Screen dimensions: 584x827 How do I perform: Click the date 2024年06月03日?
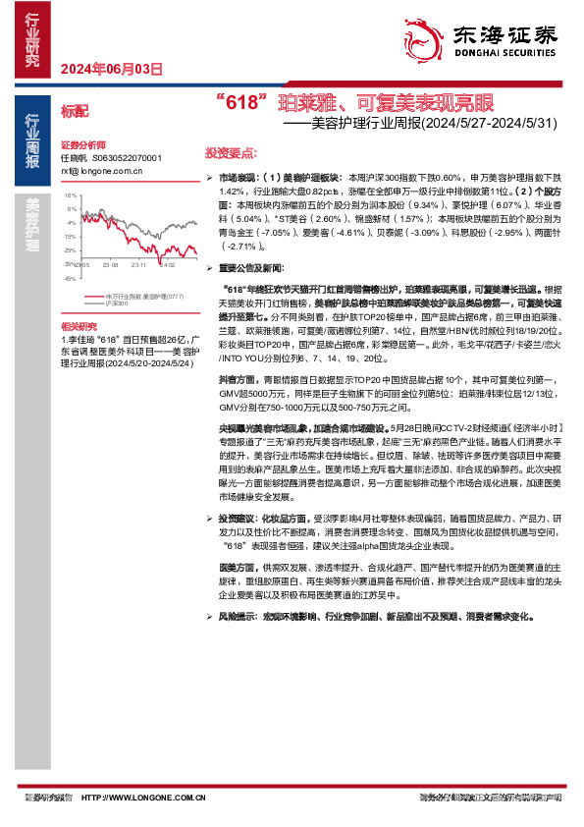tap(110, 69)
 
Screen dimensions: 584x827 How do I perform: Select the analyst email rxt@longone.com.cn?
tap(102, 170)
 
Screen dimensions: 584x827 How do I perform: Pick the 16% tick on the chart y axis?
tap(70, 195)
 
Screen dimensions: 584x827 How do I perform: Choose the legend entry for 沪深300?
tap(119, 303)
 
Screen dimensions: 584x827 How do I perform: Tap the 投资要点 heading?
tap(231, 154)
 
